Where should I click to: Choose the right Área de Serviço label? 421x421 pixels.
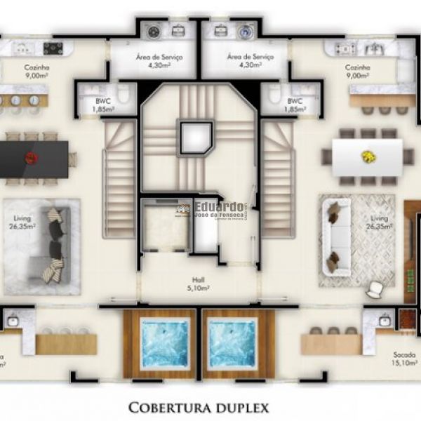[x=244, y=60]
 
